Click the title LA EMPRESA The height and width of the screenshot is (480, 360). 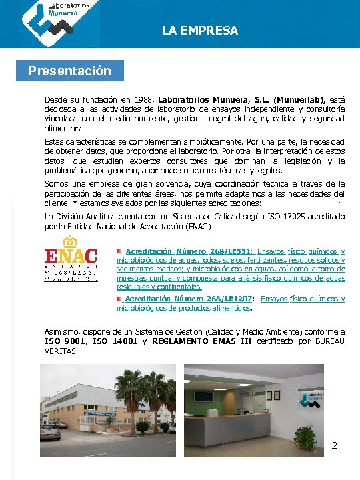click(x=199, y=31)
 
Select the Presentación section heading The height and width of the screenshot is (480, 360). click(x=69, y=71)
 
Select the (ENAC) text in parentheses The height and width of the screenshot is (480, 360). click(x=197, y=226)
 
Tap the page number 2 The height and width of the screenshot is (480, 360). click(x=335, y=445)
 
